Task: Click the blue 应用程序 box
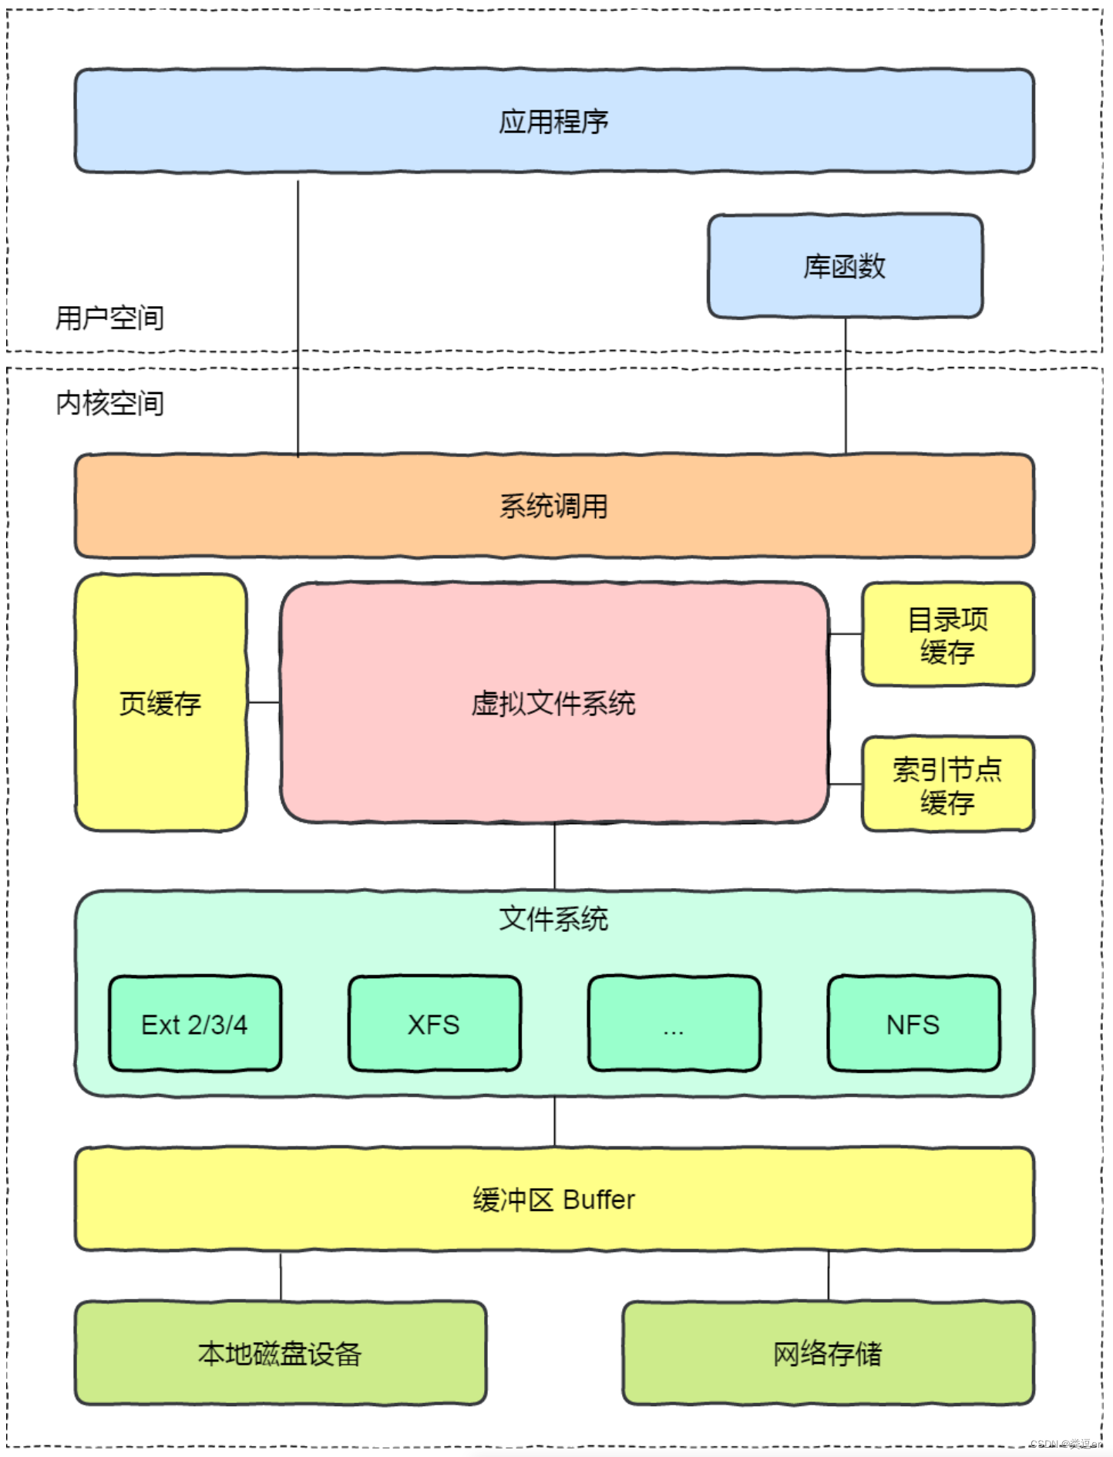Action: [553, 121]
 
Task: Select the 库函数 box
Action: [845, 266]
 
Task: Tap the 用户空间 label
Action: [109, 318]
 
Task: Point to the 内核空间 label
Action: [109, 402]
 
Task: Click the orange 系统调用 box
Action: [553, 506]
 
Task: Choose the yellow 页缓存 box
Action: [160, 703]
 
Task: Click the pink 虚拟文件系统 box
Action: [553, 703]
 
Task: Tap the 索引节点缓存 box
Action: [947, 785]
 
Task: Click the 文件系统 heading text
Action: [553, 919]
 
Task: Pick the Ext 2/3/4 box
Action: [195, 1024]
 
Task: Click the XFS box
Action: [434, 1024]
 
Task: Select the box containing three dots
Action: [674, 1024]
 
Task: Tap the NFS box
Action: [913, 1024]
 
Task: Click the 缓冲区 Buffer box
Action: [553, 1200]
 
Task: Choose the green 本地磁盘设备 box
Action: [281, 1354]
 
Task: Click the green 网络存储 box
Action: [828, 1354]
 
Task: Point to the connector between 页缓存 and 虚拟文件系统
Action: [264, 702]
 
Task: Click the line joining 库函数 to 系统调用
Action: [846, 385]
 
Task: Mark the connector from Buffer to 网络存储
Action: [829, 1277]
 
